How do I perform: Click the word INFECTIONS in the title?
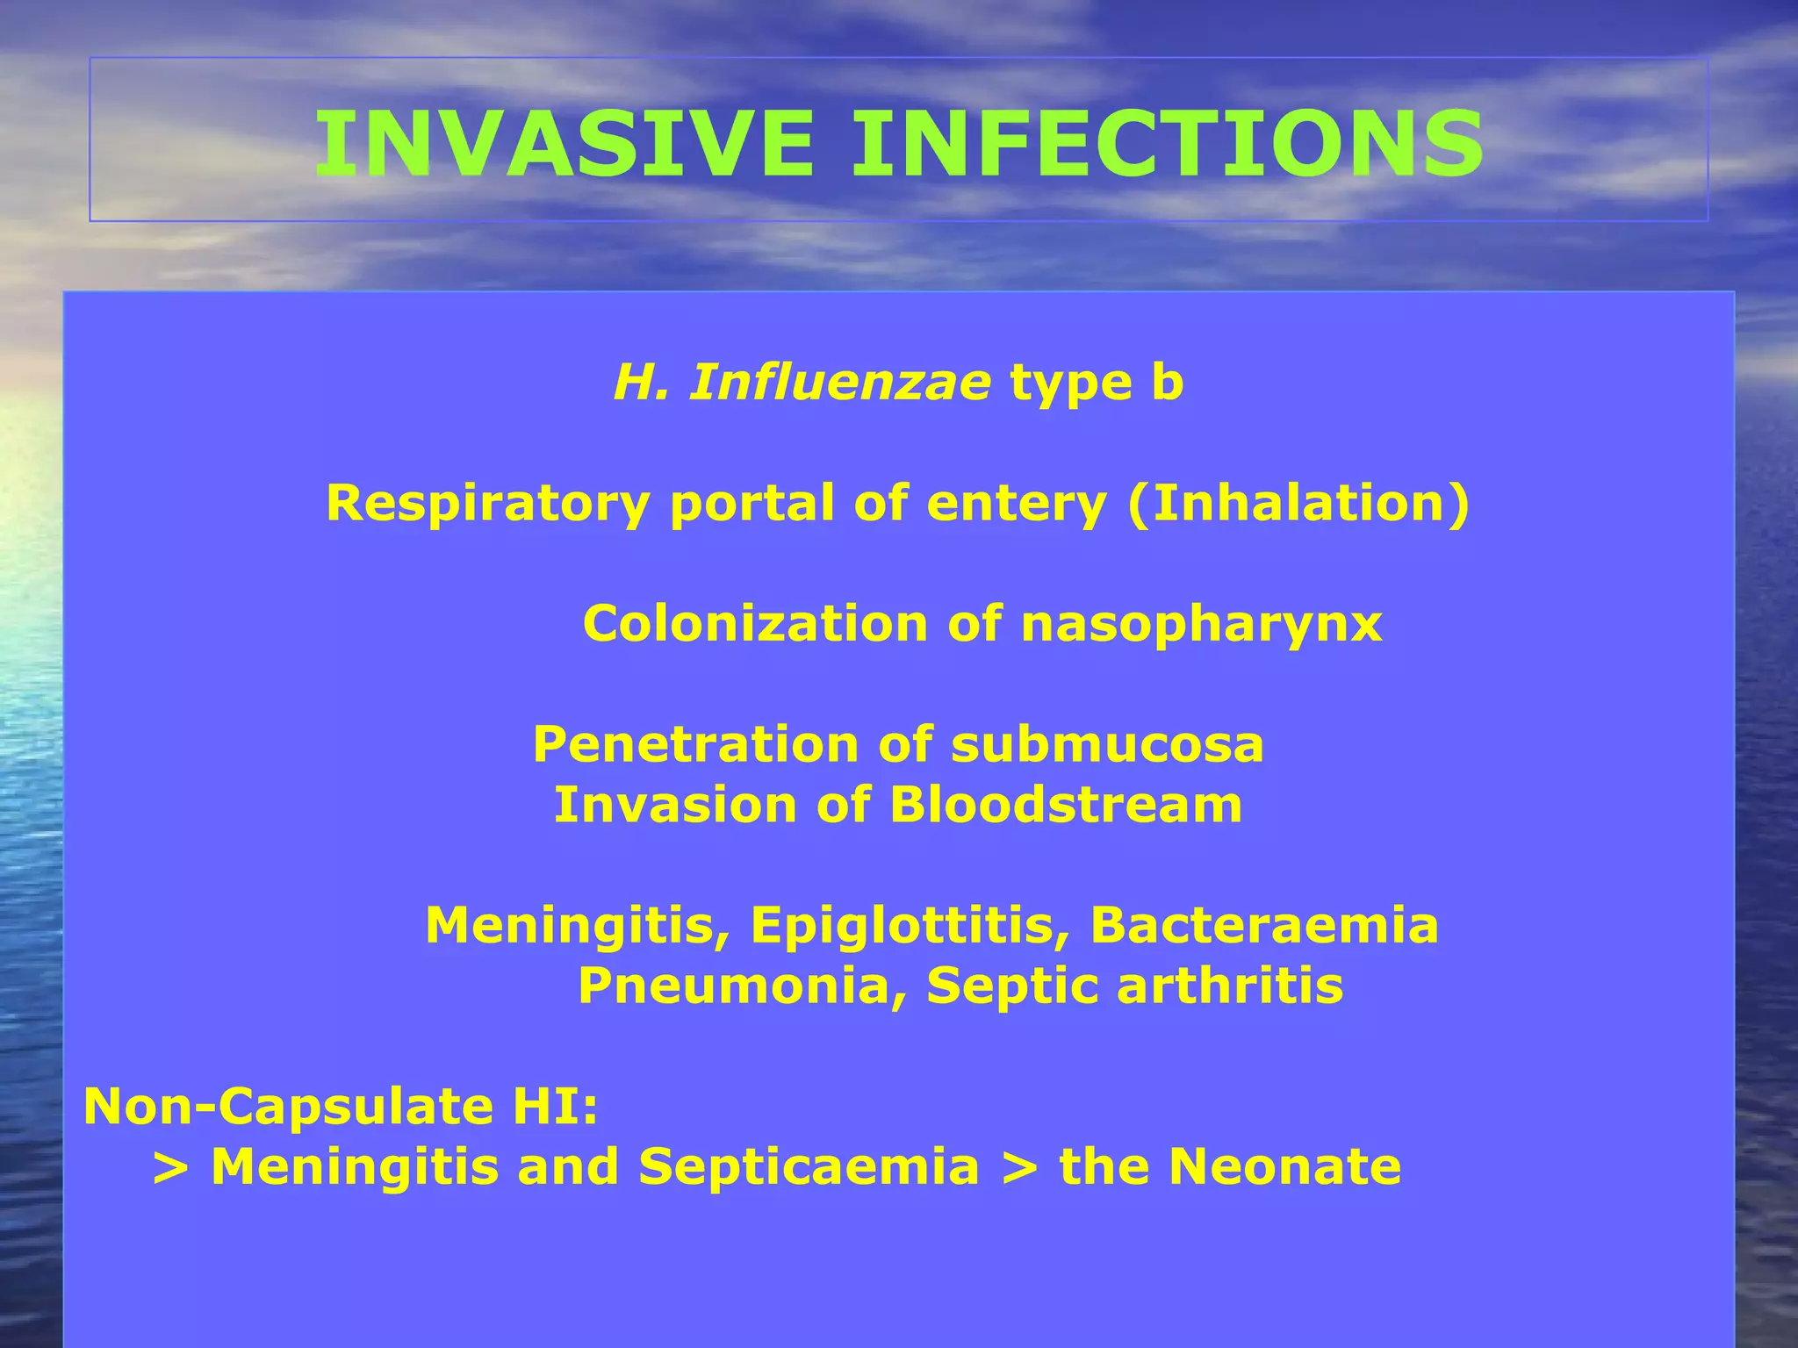[x=1168, y=145]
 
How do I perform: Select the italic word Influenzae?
[x=840, y=384]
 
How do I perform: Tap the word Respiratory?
[x=488, y=505]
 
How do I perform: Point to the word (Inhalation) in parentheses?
[x=1298, y=503]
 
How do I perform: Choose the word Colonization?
[x=755, y=624]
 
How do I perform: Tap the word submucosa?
[x=1107, y=744]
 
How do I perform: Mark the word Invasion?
[x=675, y=805]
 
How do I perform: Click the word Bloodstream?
[x=1066, y=805]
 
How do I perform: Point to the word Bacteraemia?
[x=1264, y=926]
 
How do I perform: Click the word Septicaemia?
[x=809, y=1167]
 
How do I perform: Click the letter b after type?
[x=1168, y=384]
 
